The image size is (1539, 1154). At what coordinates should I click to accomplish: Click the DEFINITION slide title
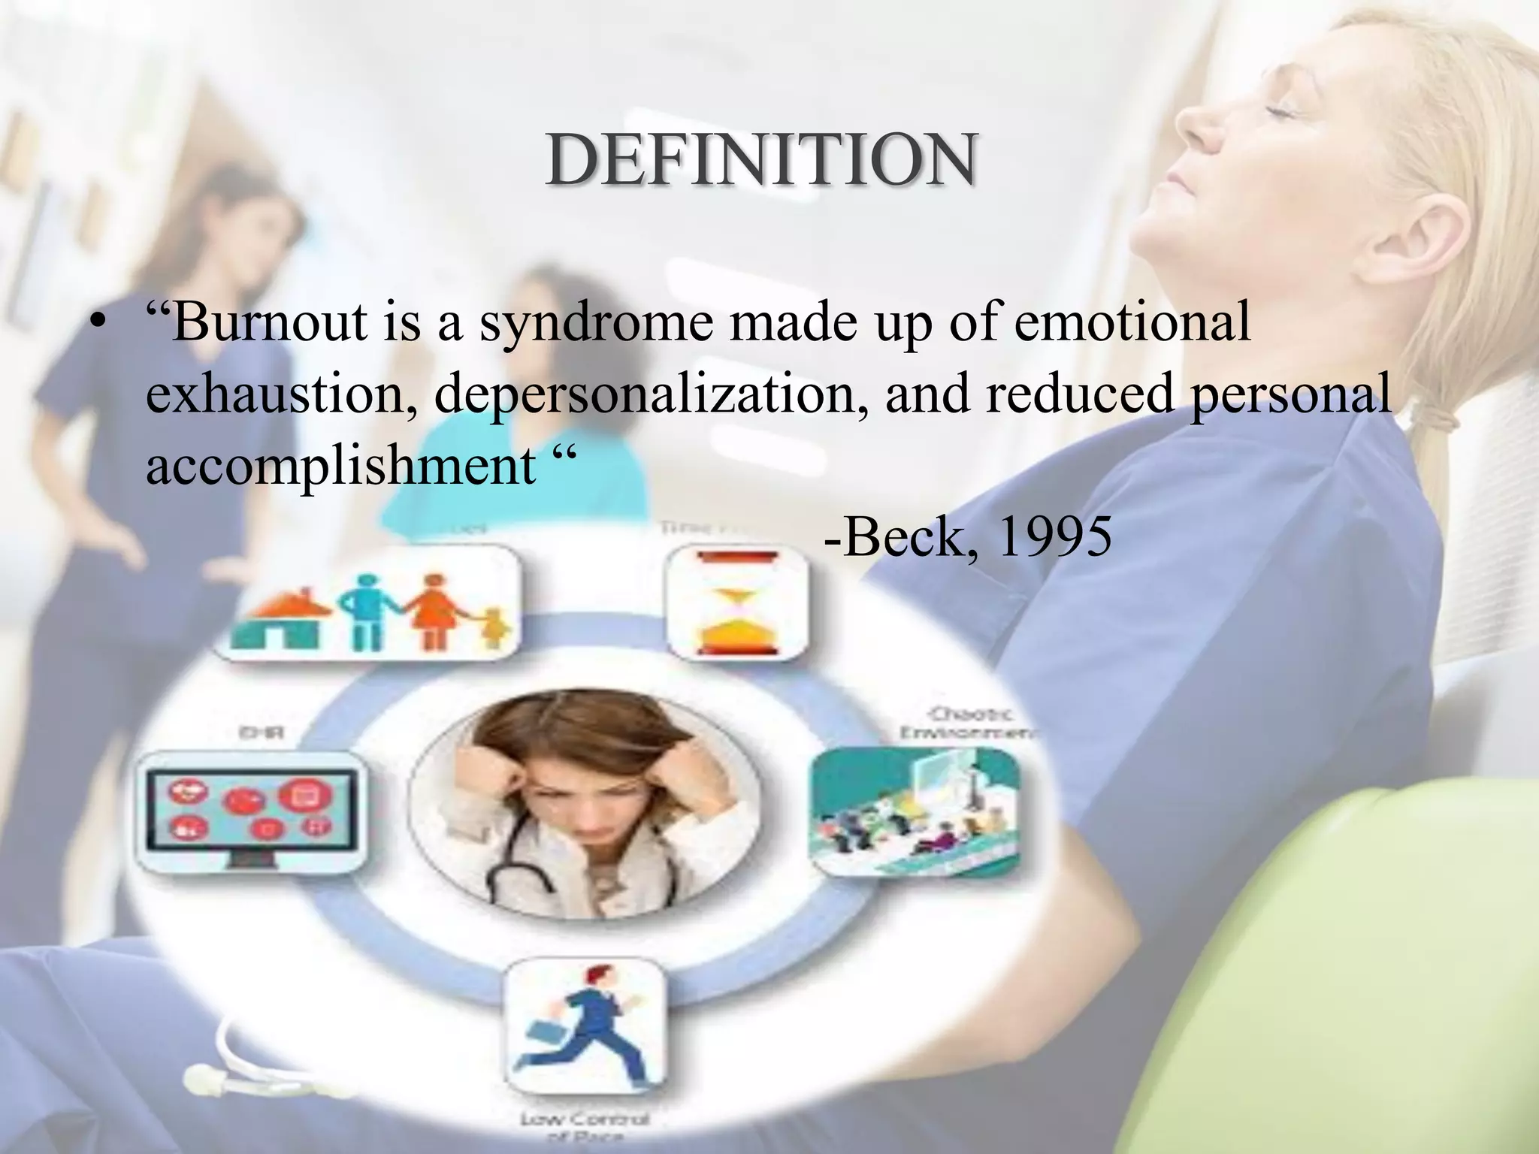pyautogui.click(x=760, y=160)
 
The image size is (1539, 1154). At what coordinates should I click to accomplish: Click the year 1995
pyautogui.click(x=1054, y=537)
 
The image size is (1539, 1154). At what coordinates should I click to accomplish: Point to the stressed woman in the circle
pyautogui.click(x=584, y=804)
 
